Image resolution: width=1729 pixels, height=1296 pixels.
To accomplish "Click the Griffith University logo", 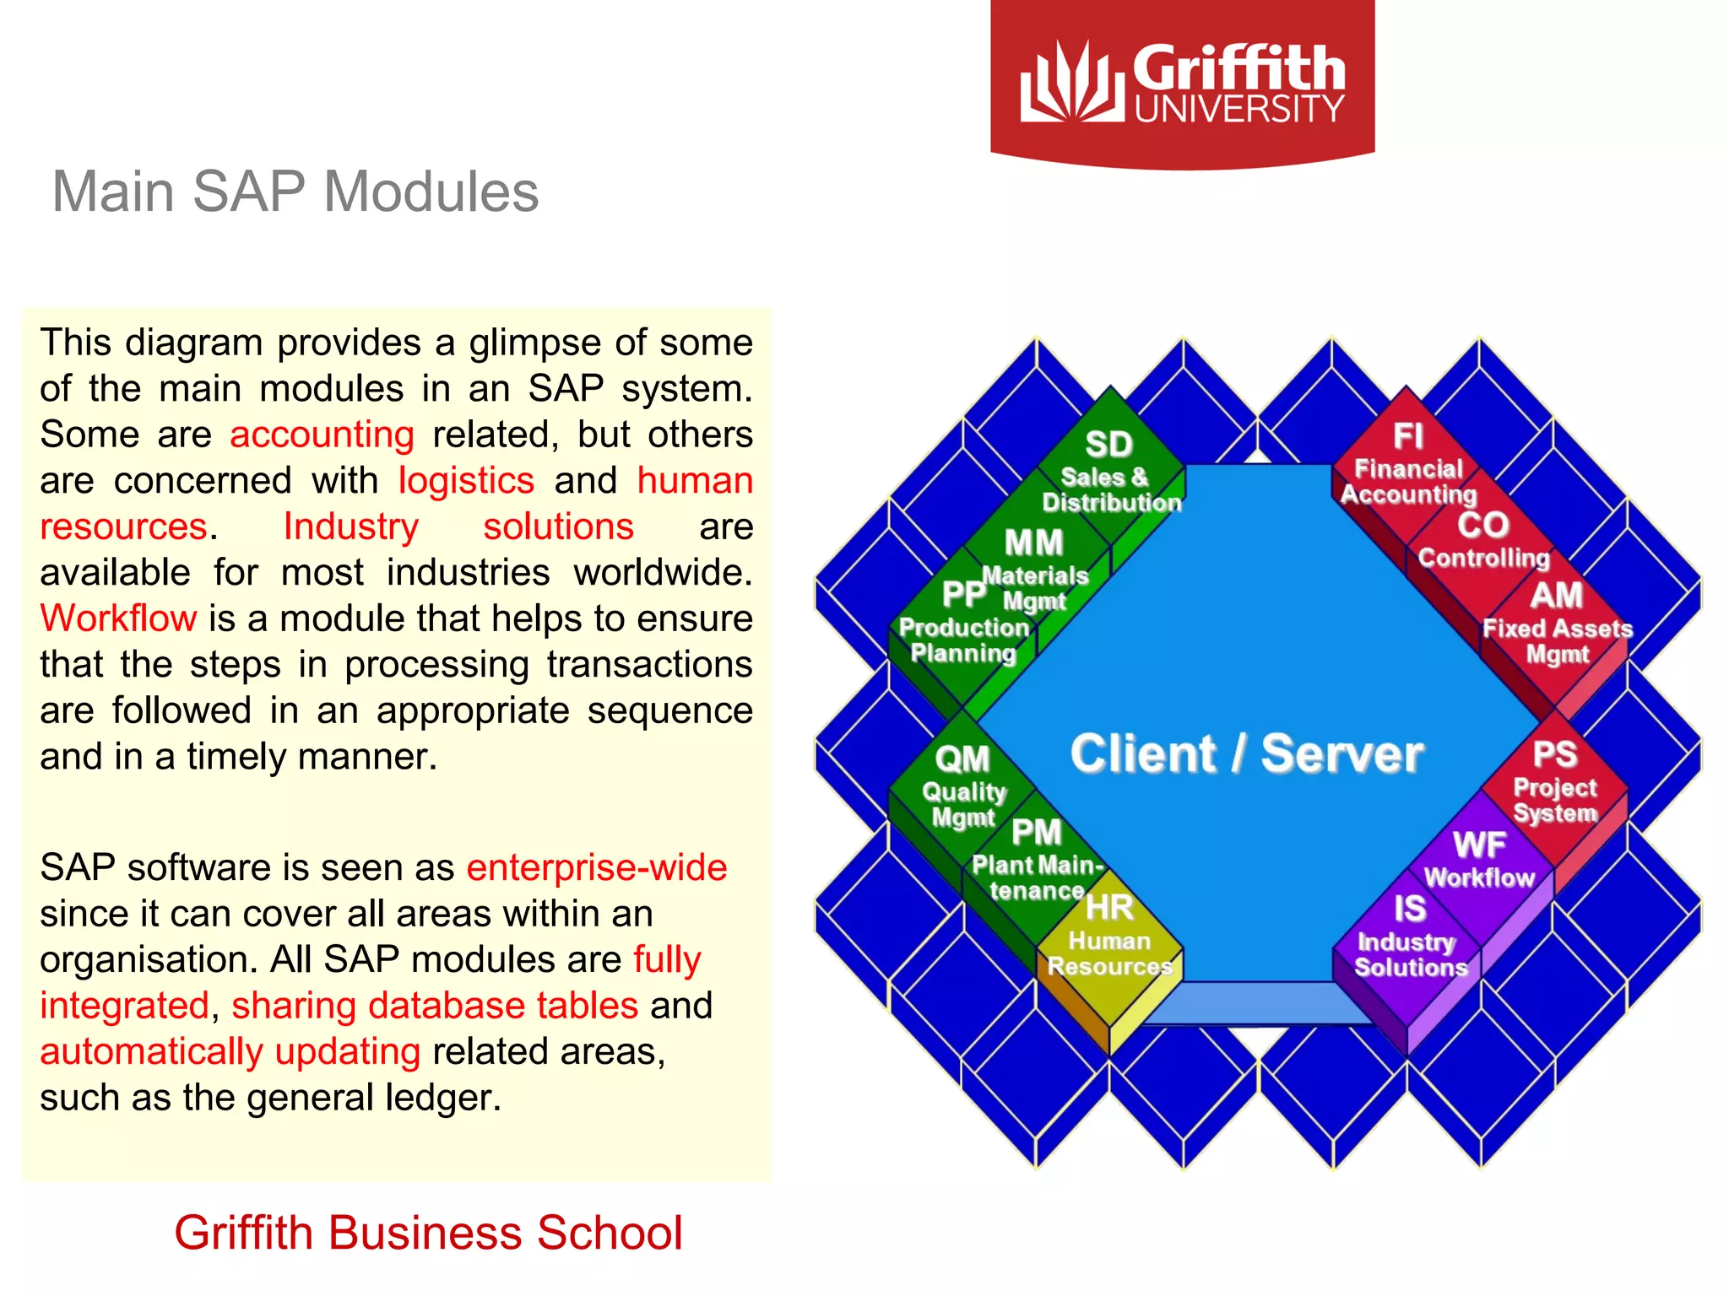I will pyautogui.click(x=1182, y=83).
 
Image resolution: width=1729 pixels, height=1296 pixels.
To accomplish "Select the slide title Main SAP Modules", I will pyautogui.click(x=295, y=192).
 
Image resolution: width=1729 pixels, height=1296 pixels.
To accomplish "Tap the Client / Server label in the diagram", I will pyautogui.click(x=1246, y=753).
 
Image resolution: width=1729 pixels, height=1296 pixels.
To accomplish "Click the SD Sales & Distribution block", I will pyautogui.click(x=1110, y=472).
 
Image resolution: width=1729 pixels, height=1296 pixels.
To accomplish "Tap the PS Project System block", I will pyautogui.click(x=1555, y=780).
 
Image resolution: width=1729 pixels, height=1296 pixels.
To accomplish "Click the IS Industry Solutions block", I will pyautogui.click(x=1410, y=937).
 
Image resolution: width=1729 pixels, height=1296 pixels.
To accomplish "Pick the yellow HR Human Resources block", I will pyautogui.click(x=1109, y=941).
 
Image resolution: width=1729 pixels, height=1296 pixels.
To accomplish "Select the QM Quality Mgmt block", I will pyautogui.click(x=962, y=785).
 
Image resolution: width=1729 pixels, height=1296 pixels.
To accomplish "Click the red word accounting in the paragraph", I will pyautogui.click(x=322, y=435).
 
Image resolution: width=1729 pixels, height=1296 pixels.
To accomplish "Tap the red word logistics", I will pyautogui.click(x=466, y=481).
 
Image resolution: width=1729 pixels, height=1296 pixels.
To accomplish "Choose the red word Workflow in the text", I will pyautogui.click(x=118, y=618).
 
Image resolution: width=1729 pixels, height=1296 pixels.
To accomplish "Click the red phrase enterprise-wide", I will pyautogui.click(x=597, y=867).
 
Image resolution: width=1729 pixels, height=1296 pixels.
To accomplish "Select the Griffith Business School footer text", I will pyautogui.click(x=428, y=1233).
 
